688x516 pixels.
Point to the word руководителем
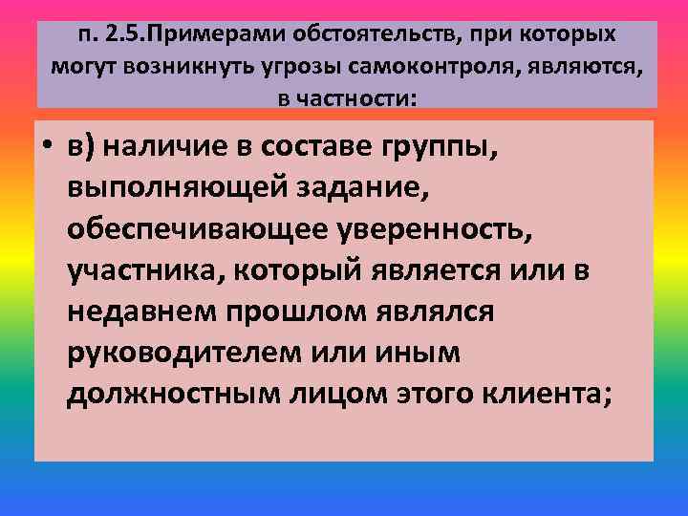pyautogui.click(x=182, y=353)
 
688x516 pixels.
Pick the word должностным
pyautogui.click(x=171, y=394)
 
